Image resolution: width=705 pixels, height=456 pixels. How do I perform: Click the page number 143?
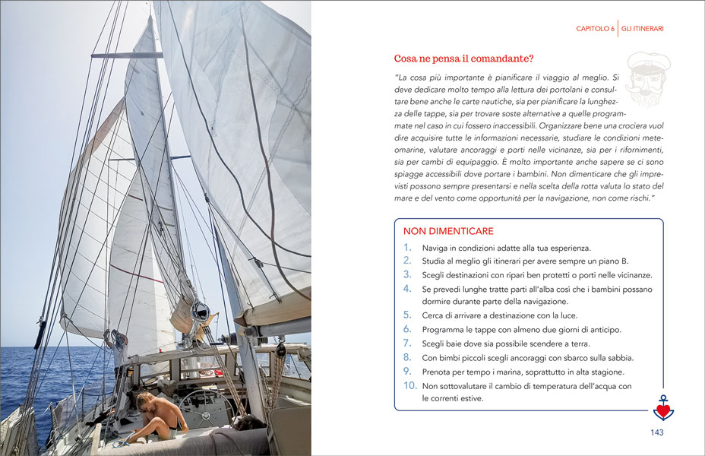pos(657,432)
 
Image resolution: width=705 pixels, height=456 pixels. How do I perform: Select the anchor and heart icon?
pos(662,408)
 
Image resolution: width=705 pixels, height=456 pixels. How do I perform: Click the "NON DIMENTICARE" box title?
pos(448,231)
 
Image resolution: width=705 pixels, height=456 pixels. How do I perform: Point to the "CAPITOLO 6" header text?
pos(595,29)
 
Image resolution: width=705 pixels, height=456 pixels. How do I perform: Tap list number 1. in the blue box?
pos(408,248)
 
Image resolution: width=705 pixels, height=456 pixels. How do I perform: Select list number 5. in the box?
pos(407,315)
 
